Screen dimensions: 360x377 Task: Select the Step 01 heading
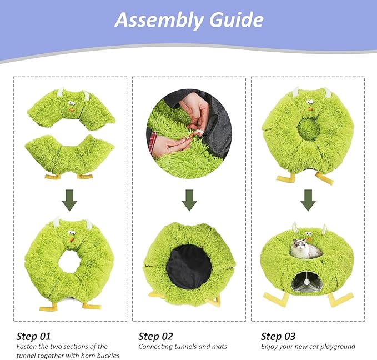pos(33,336)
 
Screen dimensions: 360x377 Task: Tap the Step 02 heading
pos(155,336)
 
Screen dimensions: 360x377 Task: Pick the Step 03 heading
pos(278,336)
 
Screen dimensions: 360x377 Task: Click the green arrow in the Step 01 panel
pos(69,200)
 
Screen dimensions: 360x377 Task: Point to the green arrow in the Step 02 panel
pos(189,200)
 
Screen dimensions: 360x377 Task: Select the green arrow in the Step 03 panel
pos(308,200)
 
